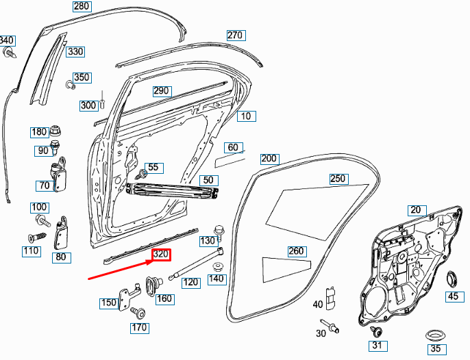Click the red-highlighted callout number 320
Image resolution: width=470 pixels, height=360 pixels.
[161, 255]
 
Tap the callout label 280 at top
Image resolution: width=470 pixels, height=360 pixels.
[82, 7]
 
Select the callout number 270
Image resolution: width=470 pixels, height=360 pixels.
[235, 35]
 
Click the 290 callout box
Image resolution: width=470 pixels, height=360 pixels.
[161, 91]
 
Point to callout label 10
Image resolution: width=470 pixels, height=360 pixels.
[245, 116]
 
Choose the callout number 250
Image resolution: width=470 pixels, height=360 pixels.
[338, 179]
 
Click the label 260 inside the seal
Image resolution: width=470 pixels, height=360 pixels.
[296, 251]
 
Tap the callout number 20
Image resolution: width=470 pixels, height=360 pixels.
[416, 209]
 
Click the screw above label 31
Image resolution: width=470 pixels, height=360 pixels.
[375, 333]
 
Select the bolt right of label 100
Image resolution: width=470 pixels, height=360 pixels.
[43, 220]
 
